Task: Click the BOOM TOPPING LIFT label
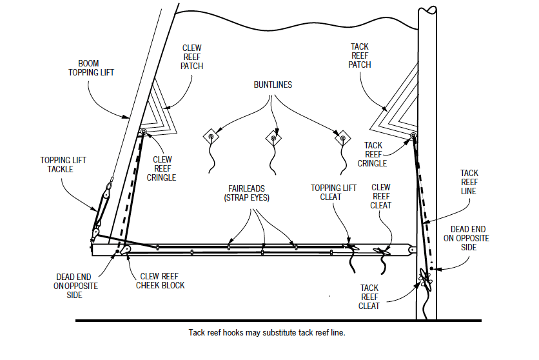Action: point(91,68)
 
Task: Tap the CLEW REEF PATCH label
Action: point(192,57)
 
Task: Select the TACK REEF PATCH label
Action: point(360,56)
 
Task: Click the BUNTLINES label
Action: point(273,85)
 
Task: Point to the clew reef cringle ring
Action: point(143,133)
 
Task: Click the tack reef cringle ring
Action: point(413,136)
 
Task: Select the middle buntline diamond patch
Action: point(274,138)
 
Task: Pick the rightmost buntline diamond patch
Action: point(342,138)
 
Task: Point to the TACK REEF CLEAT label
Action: point(369,297)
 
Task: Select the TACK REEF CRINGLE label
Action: point(377,155)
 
